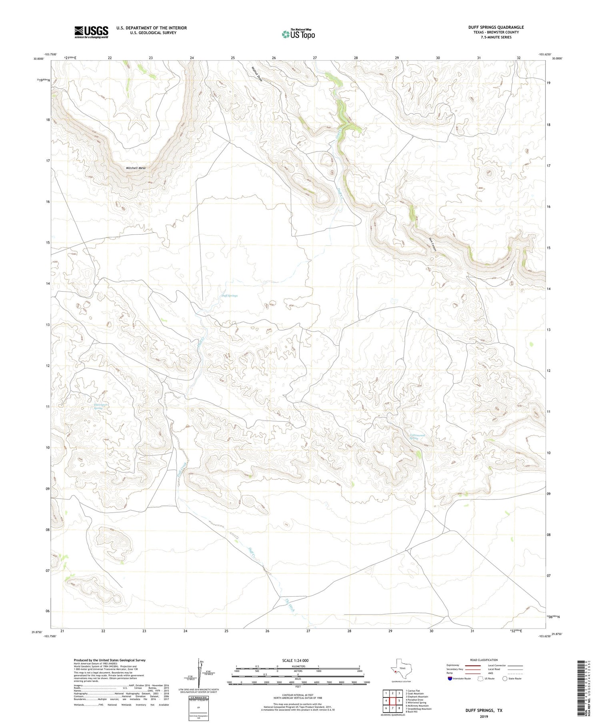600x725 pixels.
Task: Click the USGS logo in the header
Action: pyautogui.click(x=91, y=32)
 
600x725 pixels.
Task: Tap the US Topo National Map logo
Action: pyautogui.click(x=298, y=34)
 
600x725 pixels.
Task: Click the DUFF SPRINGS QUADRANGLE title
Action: pyautogui.click(x=496, y=27)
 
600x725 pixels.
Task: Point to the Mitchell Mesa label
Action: pyautogui.click(x=136, y=168)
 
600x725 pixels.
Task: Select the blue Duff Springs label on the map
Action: pyautogui.click(x=230, y=296)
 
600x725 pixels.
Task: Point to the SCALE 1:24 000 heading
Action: pyautogui.click(x=297, y=660)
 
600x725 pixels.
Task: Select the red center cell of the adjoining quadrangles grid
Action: pyautogui.click(x=392, y=701)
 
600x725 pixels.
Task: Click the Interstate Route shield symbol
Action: pyautogui.click(x=450, y=679)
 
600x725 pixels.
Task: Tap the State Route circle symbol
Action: pyautogui.click(x=505, y=679)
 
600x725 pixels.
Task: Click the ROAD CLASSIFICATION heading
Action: pyautogui.click(x=484, y=660)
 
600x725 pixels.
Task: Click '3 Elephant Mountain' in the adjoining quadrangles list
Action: pyautogui.click(x=416, y=697)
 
